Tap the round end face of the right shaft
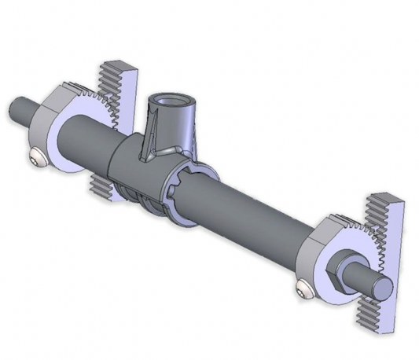coord(382,289)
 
